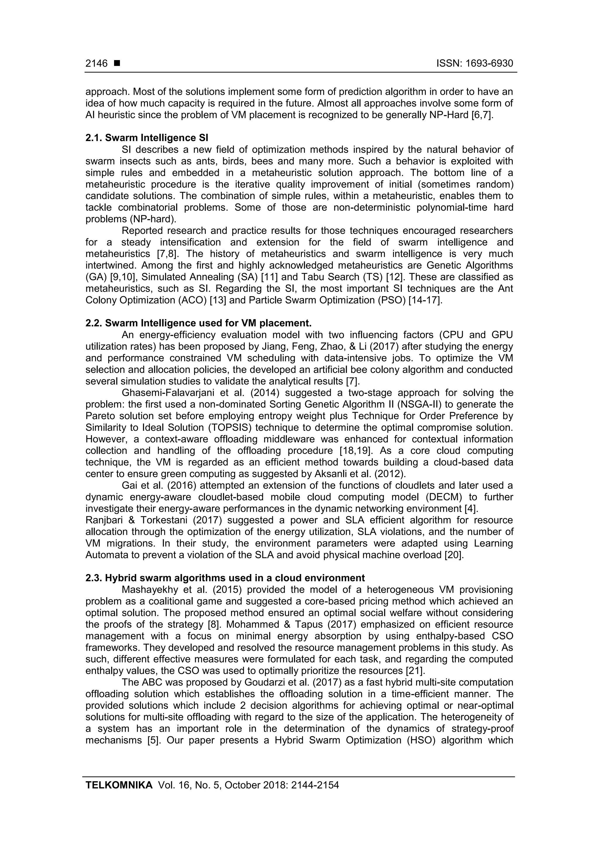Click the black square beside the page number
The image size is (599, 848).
tap(117, 64)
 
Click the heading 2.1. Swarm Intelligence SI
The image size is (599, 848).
tap(147, 138)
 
